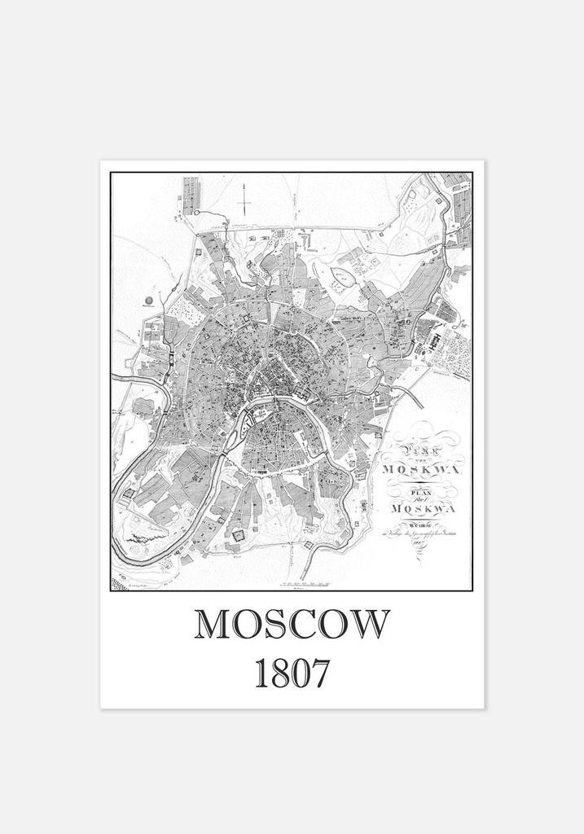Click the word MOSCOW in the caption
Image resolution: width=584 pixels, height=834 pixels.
[x=292, y=625]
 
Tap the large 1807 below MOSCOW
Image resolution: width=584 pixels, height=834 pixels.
[x=292, y=674]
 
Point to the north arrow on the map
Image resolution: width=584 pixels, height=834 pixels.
[x=242, y=199]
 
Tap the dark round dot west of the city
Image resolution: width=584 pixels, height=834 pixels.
[x=149, y=301]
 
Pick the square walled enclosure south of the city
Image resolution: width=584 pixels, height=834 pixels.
[x=239, y=534]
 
